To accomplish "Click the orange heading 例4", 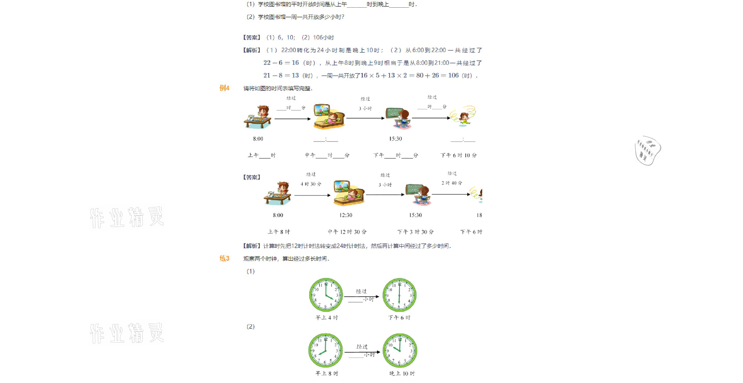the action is point(224,88).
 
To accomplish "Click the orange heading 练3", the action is point(224,258).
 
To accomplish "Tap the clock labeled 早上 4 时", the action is point(326,295).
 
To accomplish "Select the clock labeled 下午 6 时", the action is point(400,295).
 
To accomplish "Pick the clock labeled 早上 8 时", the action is point(325,350).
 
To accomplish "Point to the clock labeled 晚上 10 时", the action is point(400,350).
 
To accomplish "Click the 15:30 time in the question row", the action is point(395,139).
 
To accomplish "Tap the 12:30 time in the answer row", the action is point(345,215).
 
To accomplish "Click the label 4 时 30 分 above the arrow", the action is point(311,184).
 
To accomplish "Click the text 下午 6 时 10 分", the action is point(458,156).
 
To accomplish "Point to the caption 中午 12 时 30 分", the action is point(347,232).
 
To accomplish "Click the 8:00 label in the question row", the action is point(258,139).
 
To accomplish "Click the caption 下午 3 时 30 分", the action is point(415,232).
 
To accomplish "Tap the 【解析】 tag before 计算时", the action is point(251,246).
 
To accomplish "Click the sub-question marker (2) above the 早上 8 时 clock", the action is point(250,327).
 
